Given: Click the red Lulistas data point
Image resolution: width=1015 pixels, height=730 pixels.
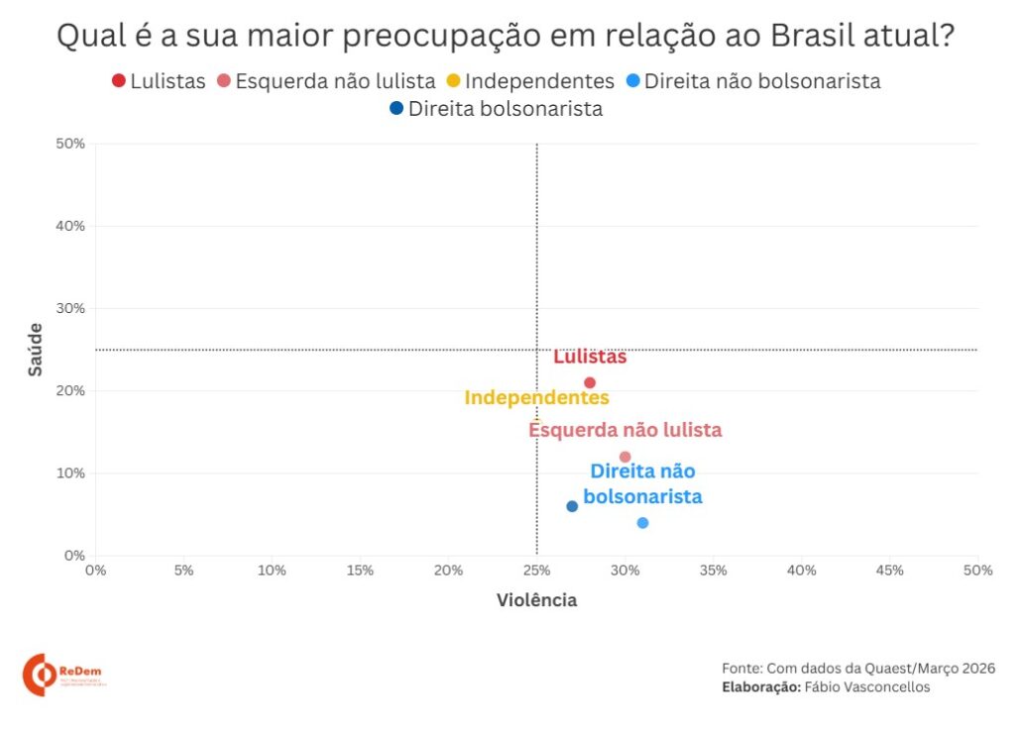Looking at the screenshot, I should [590, 382].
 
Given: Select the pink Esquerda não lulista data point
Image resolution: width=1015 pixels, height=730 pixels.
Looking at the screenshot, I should [624, 457].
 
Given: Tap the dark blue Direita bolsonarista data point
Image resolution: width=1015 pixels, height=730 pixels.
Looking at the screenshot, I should [572, 506].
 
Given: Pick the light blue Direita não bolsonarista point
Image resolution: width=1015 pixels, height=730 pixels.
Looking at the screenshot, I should [642, 522].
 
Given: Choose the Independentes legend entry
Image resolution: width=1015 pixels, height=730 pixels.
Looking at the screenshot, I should [530, 81].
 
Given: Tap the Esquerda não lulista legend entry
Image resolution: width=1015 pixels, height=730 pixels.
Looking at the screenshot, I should [326, 81].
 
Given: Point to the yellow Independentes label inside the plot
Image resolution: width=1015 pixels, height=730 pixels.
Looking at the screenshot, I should [536, 398].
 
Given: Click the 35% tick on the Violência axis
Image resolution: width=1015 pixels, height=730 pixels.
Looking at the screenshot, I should [713, 571].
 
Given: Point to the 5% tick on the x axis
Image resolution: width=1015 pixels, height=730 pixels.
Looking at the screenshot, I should [183, 571].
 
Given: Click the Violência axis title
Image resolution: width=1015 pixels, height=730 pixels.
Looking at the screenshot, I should [536, 600].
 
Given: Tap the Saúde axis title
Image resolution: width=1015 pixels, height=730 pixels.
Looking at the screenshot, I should [36, 349].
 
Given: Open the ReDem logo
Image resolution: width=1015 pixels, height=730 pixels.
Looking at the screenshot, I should [63, 674].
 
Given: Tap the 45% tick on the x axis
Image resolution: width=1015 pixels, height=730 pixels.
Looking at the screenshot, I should [890, 571].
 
